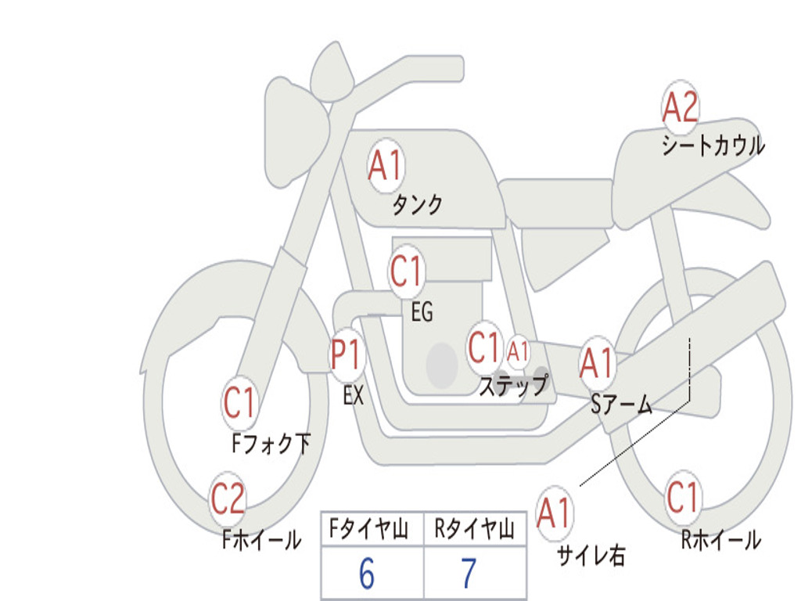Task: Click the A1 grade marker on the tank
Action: pos(385,166)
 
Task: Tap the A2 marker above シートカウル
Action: pos(680,108)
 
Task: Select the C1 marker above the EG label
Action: pos(406,272)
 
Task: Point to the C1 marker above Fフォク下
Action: pos(239,404)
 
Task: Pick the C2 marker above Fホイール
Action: pos(228,499)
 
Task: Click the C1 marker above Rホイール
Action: pos(682,497)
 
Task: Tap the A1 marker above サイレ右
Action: pos(555,513)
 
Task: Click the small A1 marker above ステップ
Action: pos(518,351)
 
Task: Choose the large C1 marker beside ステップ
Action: pos(483,347)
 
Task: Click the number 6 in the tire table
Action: pos(367,574)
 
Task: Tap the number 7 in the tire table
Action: pos(468,574)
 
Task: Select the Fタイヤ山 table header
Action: pos(368,531)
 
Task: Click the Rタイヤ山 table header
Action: pos(474,531)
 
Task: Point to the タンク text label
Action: pos(417,205)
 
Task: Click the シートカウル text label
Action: pos(713,146)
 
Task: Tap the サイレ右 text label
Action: pos(591,556)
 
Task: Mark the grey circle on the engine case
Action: pos(442,365)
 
